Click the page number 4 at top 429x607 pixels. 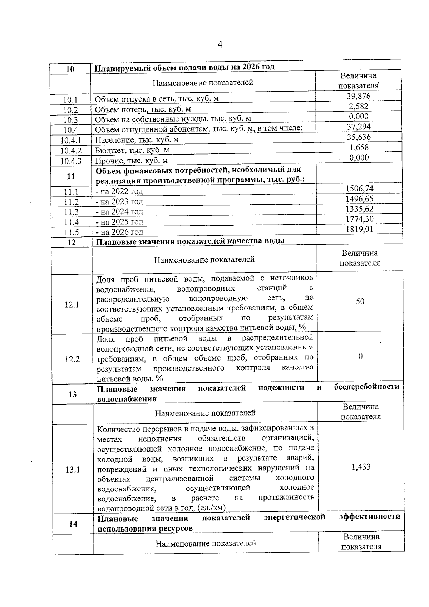[x=220, y=45]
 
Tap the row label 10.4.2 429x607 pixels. [x=70, y=151]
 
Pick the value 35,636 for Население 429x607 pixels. [x=359, y=137]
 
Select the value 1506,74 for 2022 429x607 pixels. [x=359, y=188]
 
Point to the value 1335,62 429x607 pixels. [x=359, y=209]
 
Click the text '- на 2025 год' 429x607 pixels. [x=119, y=222]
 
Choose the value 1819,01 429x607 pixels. [x=359, y=229]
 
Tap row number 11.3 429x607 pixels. [x=71, y=212]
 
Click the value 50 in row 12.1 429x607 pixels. [x=360, y=302]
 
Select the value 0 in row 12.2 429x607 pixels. [x=360, y=356]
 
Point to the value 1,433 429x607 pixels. [x=361, y=467]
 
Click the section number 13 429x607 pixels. [x=72, y=394]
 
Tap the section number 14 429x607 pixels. [x=73, y=524]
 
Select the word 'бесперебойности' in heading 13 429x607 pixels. [x=367, y=387]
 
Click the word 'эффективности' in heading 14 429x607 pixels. [x=370, y=517]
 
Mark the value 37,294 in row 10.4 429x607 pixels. [x=359, y=127]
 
